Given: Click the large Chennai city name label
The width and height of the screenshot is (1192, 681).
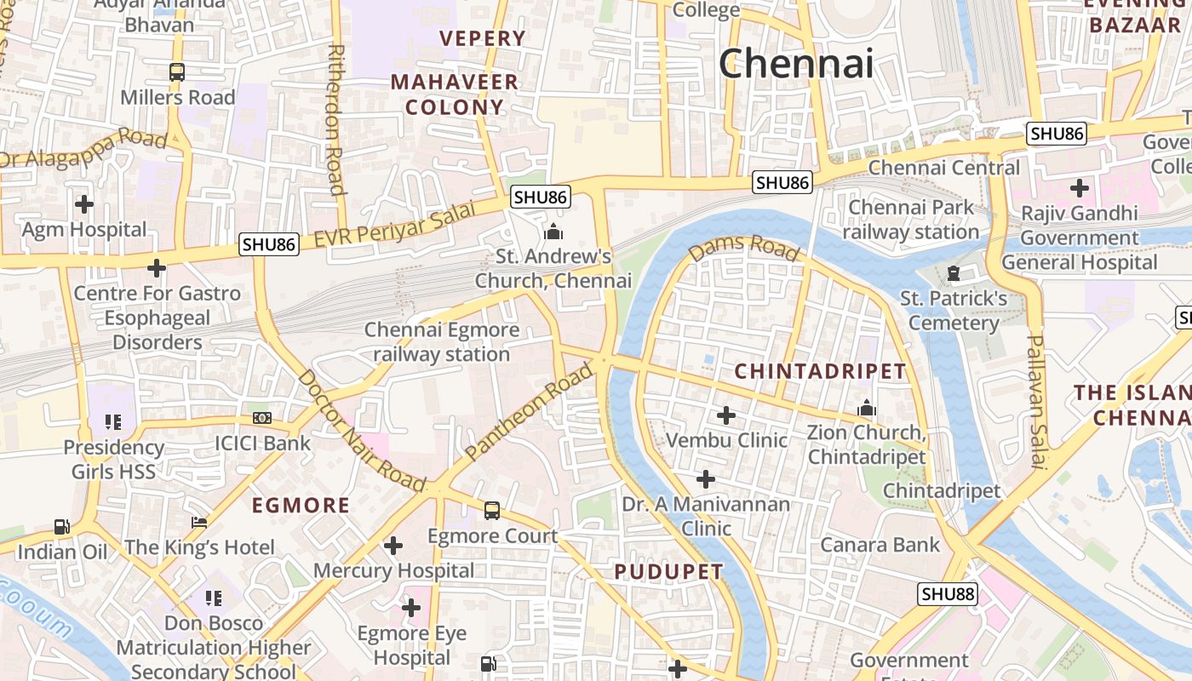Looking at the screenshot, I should tap(796, 64).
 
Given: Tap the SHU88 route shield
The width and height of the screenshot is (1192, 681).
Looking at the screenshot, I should tap(947, 593).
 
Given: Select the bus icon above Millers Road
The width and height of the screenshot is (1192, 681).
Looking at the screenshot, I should tap(177, 72).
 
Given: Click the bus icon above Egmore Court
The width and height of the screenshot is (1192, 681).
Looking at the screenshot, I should tap(492, 511).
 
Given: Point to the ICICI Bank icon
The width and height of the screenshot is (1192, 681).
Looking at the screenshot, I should tap(262, 418).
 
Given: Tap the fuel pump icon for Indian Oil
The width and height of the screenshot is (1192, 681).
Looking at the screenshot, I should tap(62, 527).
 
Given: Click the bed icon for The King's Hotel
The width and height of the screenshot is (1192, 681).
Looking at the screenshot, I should tap(199, 522).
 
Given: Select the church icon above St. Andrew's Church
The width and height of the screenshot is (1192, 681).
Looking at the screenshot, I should tap(553, 231).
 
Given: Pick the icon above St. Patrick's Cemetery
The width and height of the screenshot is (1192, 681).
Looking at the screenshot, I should tap(954, 273).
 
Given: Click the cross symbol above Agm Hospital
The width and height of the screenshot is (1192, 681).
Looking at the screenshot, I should tap(84, 204).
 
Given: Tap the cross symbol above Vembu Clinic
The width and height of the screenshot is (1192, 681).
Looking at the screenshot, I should tap(726, 415).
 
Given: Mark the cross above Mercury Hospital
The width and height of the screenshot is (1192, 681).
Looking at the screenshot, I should tap(393, 545).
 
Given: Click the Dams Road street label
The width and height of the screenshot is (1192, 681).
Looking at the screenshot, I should tap(744, 248).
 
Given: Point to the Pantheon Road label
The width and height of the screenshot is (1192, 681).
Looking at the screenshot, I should tap(529, 412).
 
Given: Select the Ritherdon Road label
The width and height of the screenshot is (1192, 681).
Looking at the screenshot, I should tap(335, 119).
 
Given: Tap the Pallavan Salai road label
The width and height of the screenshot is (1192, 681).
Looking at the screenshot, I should tap(1034, 401).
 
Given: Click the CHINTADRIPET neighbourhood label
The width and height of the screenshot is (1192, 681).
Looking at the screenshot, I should tap(820, 371).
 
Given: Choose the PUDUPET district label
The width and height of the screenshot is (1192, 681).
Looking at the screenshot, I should tap(668, 572).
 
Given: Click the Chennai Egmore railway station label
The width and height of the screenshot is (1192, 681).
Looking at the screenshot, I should tap(441, 341).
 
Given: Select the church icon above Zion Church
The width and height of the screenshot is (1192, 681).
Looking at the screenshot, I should tap(867, 409).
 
